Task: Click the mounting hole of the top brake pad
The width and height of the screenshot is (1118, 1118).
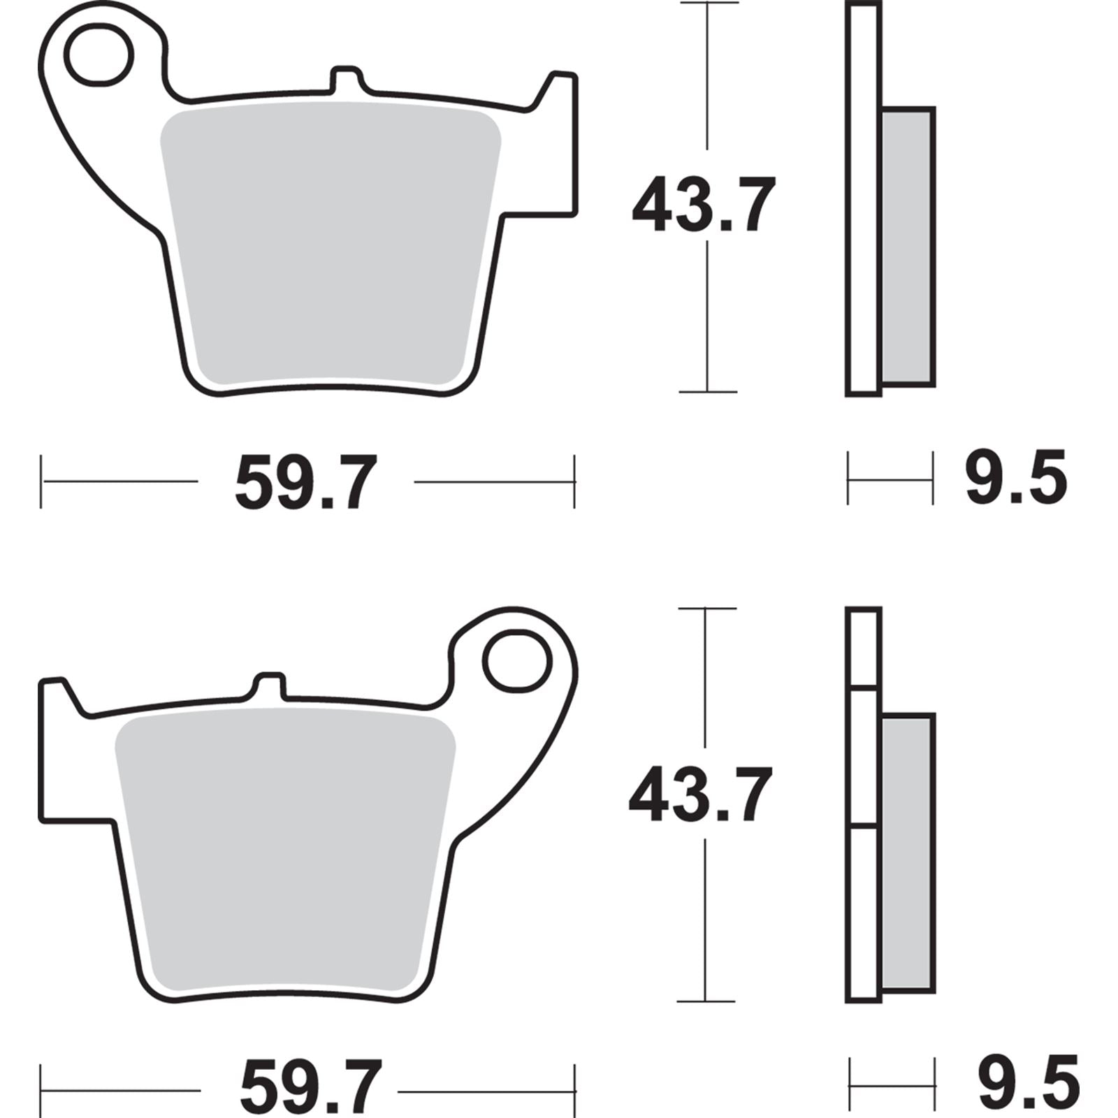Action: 99,54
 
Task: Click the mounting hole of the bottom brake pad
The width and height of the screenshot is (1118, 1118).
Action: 518,661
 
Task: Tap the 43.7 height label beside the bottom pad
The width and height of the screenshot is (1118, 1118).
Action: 701,794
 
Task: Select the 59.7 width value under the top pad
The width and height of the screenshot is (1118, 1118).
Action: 306,482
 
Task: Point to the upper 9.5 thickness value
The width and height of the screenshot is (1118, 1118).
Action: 1016,478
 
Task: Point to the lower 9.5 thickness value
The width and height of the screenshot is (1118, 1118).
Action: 1028,1085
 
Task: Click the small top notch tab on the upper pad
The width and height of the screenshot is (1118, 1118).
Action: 346,79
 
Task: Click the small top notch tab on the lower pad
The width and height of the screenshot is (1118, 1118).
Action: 269,685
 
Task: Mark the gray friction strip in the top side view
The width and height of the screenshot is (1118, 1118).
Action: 907,246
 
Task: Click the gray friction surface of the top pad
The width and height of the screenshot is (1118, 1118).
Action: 330,245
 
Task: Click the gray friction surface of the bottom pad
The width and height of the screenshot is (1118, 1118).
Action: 285,852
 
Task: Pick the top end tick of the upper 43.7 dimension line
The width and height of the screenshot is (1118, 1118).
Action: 709,3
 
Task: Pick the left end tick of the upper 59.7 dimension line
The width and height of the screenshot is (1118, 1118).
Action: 41,481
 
